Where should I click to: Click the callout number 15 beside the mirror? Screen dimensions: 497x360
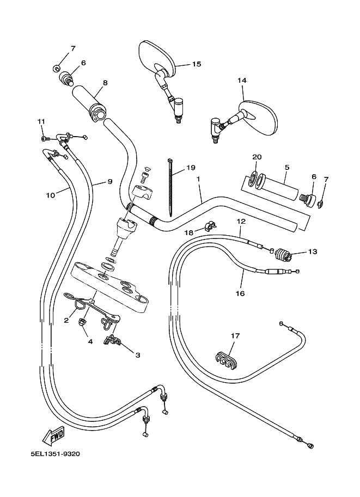[196, 64]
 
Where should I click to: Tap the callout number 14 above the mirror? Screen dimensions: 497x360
[242, 81]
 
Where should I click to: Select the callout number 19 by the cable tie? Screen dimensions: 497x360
[190, 168]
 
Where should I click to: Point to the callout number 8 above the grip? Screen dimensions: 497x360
[105, 83]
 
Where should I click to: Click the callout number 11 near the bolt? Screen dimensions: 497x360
[41, 121]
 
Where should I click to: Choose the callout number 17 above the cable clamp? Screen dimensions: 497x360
[235, 336]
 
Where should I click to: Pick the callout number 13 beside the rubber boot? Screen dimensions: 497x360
[312, 252]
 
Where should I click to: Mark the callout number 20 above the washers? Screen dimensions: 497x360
[257, 157]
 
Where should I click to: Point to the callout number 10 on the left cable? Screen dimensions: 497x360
[50, 194]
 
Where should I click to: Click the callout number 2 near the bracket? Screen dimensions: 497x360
[66, 321]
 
